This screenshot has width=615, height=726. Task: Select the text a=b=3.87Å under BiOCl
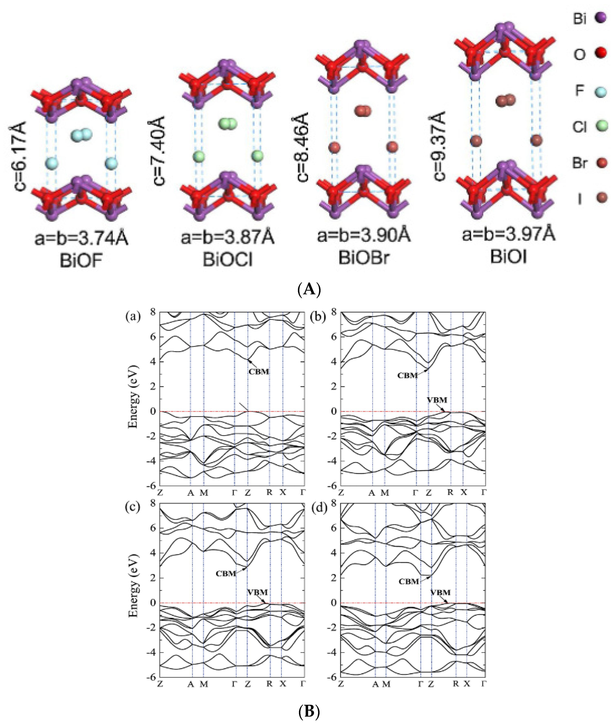tap(227, 238)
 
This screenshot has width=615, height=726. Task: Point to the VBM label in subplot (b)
tap(437, 400)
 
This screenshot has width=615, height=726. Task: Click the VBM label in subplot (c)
tap(258, 592)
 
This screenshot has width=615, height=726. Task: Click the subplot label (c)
tap(133, 507)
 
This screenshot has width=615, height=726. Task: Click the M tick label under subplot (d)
tap(386, 684)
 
